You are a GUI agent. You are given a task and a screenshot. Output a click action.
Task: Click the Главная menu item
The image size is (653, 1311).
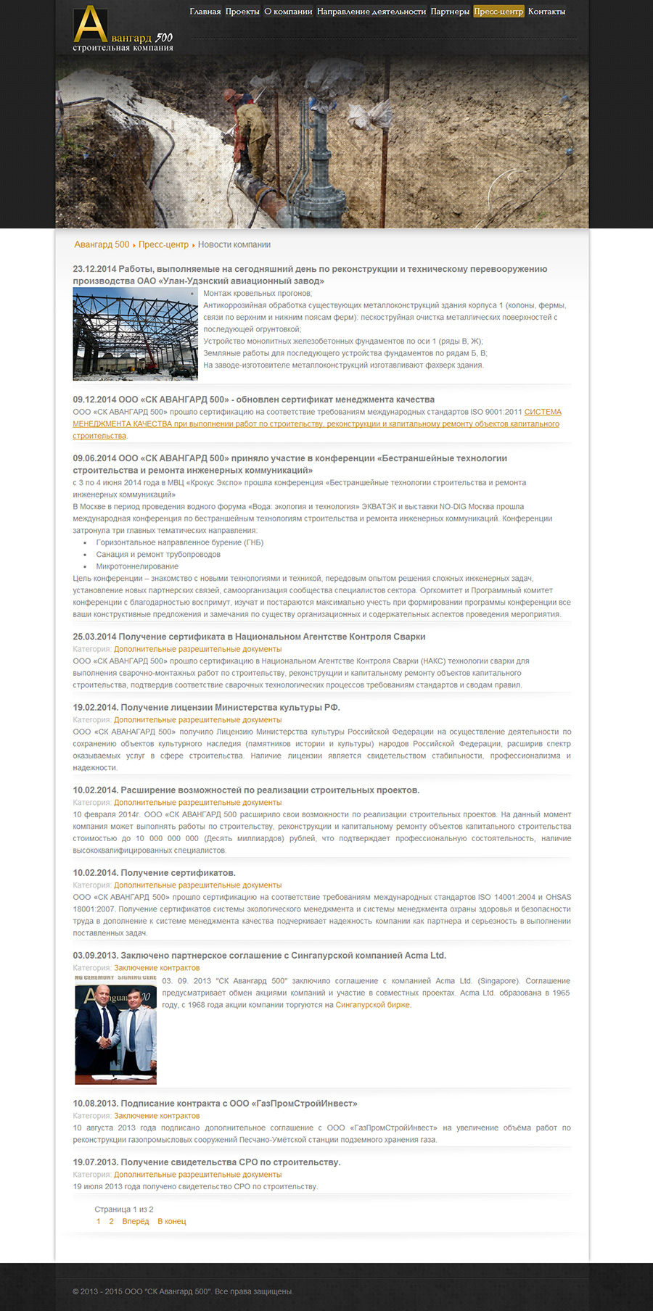click(205, 12)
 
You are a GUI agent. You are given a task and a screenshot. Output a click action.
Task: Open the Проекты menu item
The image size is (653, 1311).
click(242, 12)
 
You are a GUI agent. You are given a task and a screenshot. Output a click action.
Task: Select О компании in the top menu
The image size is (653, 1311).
click(288, 12)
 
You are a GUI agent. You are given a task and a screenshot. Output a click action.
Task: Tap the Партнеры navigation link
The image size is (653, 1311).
click(450, 12)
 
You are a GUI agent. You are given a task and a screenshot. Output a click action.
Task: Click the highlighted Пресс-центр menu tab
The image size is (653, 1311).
click(498, 12)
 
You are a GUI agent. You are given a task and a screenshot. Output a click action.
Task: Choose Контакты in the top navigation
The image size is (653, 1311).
click(546, 12)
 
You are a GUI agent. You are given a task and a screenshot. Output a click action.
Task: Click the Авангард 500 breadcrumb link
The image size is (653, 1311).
click(102, 245)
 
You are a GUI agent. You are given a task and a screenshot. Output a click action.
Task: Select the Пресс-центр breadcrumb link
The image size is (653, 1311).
click(163, 245)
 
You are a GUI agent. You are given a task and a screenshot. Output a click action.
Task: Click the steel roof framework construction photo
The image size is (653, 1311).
click(135, 334)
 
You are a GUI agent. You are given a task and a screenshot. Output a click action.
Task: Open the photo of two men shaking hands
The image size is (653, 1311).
click(116, 1030)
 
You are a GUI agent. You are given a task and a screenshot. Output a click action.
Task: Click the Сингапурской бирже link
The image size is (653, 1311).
click(372, 1005)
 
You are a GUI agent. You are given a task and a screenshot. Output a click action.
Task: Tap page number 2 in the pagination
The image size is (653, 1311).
click(111, 1222)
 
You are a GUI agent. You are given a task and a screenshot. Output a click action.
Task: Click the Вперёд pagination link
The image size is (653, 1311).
click(136, 1222)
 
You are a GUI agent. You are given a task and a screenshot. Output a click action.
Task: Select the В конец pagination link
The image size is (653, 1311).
click(172, 1222)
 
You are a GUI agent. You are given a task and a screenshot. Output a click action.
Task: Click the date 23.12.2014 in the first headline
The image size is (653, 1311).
click(94, 269)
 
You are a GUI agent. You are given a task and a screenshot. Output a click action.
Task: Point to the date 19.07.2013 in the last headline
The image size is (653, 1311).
click(94, 1162)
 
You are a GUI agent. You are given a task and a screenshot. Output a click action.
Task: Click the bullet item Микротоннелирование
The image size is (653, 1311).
click(137, 567)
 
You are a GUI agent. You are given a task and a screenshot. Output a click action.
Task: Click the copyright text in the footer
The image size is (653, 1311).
click(183, 1291)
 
